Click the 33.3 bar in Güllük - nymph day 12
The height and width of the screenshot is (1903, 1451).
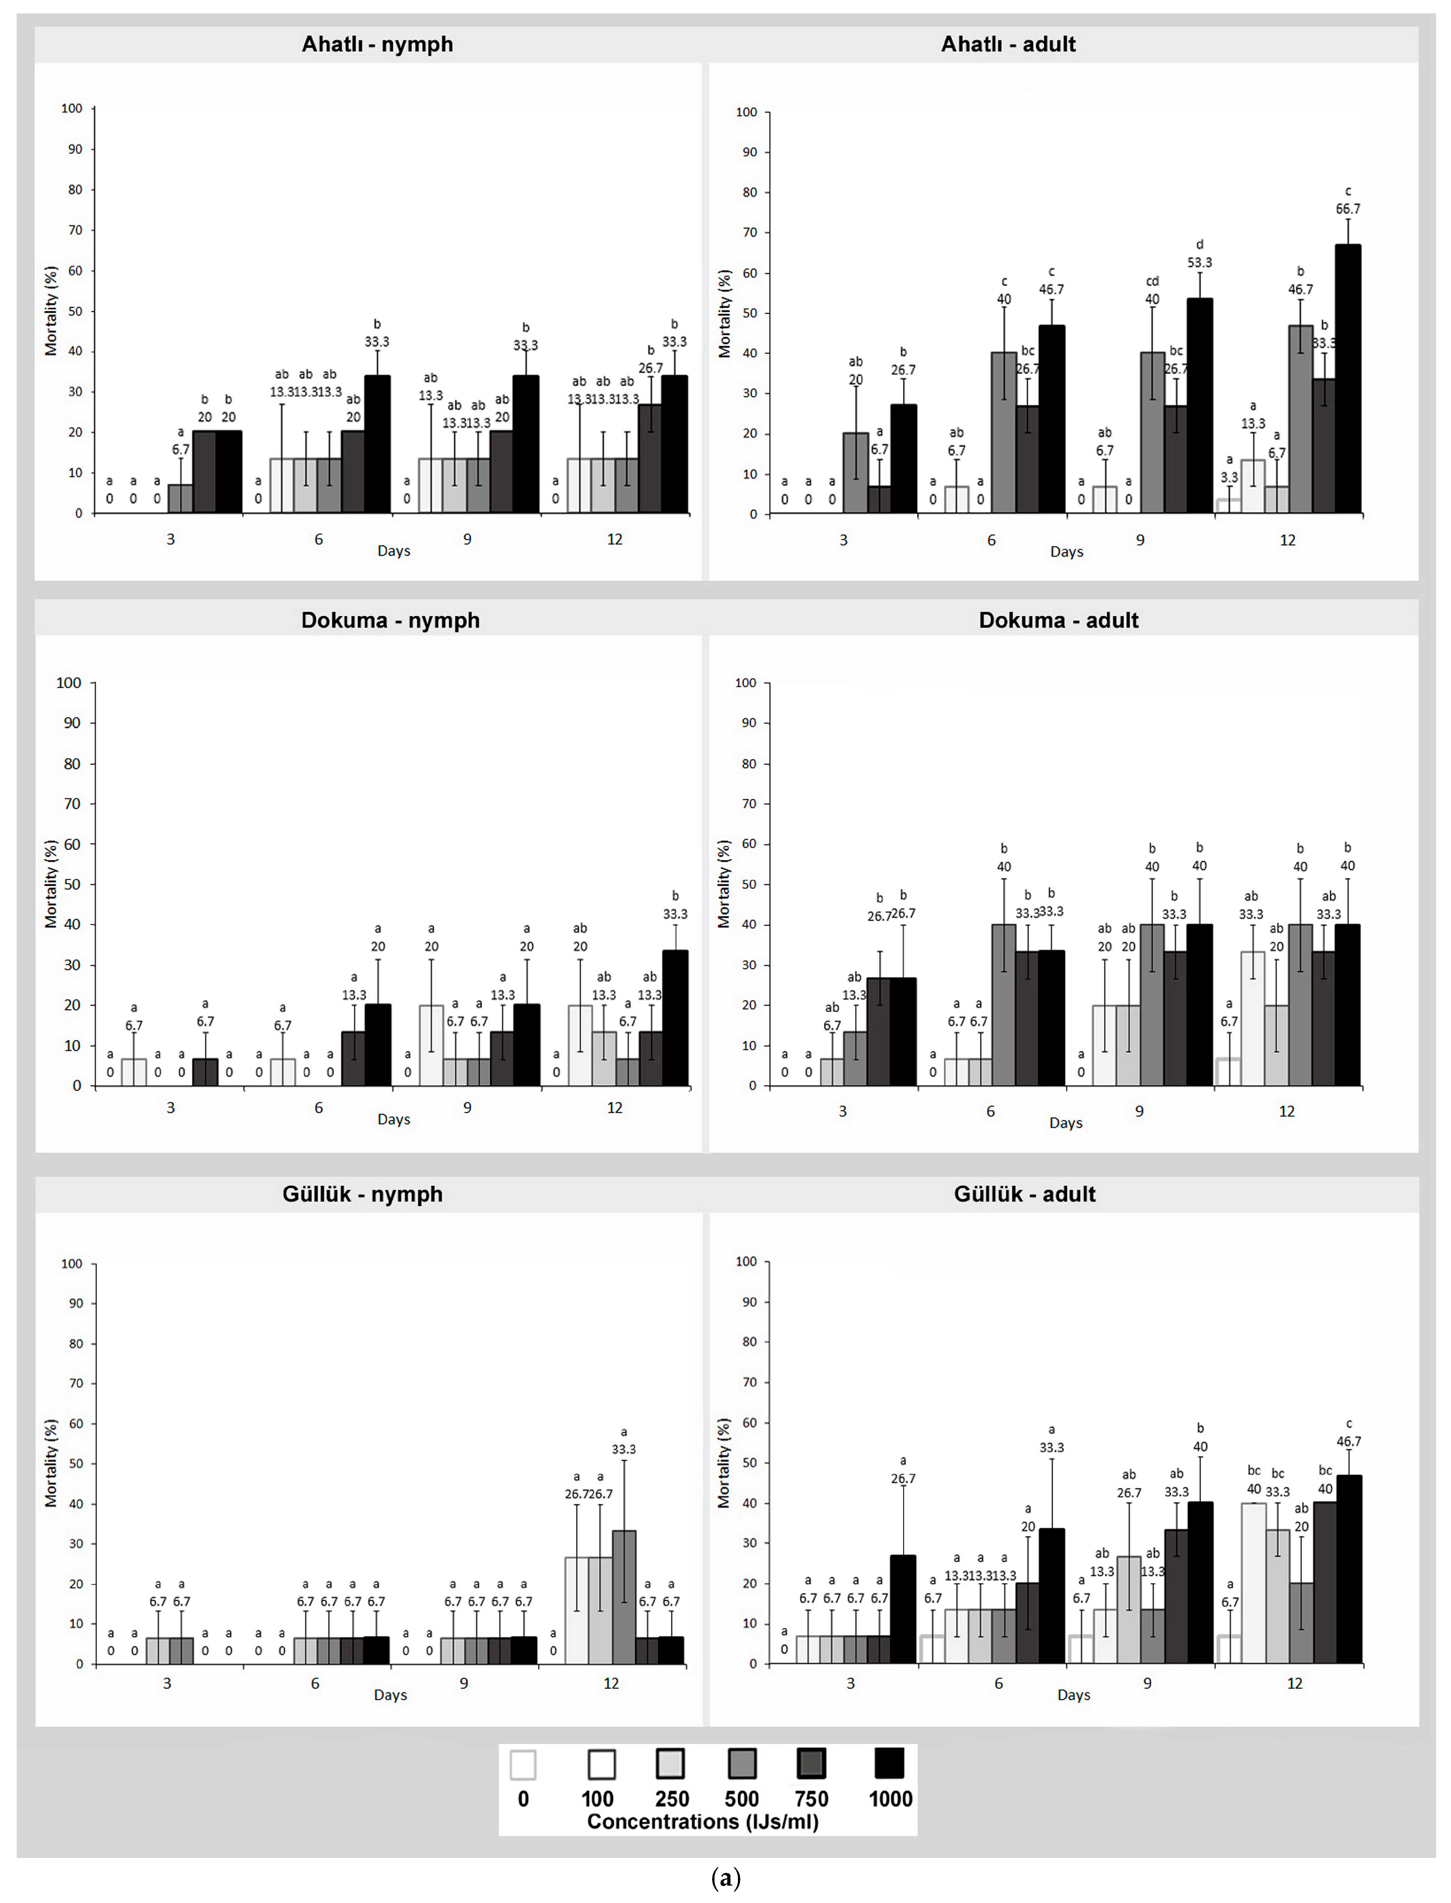click(624, 1597)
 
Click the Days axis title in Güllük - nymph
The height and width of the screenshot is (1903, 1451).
click(390, 1695)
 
